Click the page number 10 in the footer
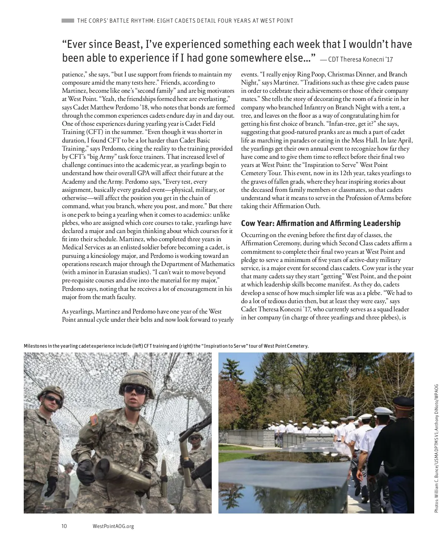click(64, 526)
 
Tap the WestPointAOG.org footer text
click(113, 526)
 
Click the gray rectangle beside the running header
click(68, 20)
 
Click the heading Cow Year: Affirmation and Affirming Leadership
click(321, 223)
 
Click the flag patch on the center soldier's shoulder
click(95, 420)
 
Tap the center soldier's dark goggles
click(135, 389)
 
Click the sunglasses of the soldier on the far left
click(52, 400)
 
